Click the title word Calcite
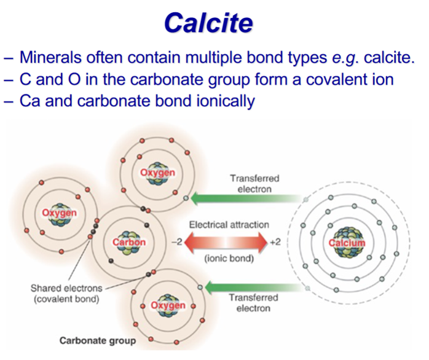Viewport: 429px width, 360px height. point(208,23)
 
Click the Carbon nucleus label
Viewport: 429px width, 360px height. point(129,242)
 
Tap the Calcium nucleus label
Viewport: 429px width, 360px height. point(347,243)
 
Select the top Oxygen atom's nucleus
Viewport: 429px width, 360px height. point(157,173)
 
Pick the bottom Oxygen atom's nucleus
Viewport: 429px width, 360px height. point(168,305)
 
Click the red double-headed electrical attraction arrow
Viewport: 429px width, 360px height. point(226,242)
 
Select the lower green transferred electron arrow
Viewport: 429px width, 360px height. point(256,288)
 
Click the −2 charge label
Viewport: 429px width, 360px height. point(177,242)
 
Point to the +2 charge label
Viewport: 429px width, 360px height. point(275,242)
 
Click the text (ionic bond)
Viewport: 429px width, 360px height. point(229,259)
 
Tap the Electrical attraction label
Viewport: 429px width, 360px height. point(229,225)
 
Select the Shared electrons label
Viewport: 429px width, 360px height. point(66,288)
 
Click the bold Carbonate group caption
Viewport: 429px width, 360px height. point(98,341)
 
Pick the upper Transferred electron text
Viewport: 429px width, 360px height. point(254,184)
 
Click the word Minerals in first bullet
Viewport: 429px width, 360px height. point(50,58)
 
